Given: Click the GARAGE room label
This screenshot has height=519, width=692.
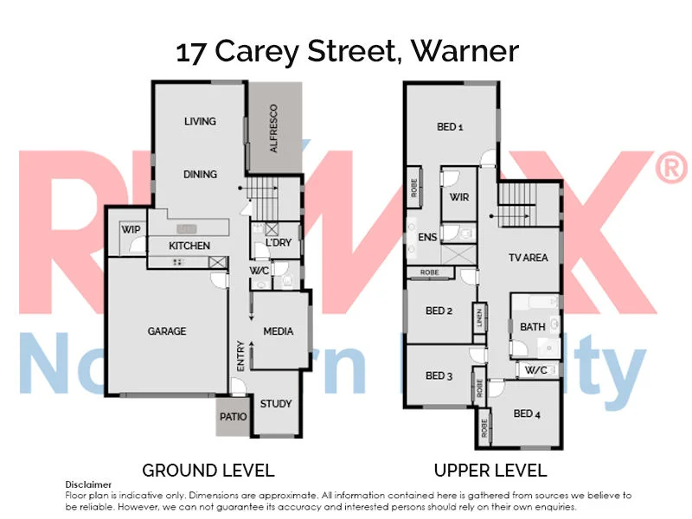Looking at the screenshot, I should pos(167,331).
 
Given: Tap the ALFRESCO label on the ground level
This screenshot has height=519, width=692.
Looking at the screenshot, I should pos(273,129).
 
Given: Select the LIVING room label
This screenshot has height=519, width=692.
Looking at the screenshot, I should pos(200,121).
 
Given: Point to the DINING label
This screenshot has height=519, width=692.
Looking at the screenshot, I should pos(200,174).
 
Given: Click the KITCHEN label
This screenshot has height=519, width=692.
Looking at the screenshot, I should pos(189,246).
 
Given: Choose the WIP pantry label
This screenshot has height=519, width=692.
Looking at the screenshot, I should pos(131,229).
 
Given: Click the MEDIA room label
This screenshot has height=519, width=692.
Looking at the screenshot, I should pos(279,331).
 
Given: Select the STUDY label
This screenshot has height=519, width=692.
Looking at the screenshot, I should pos(276,403).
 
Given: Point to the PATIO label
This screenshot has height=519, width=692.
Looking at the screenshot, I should pos(233,417).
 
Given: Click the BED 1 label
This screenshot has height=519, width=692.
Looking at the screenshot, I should pos(450,127).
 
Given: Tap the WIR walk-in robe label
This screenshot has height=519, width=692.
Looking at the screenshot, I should pos(459,197).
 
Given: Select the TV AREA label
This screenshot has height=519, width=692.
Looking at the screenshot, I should pos(528,258).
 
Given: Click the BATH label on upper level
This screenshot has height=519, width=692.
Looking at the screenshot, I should pos(532,327).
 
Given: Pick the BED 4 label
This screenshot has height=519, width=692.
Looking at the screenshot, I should pos(527,413).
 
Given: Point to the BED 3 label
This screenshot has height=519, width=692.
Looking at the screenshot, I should pos(439,375).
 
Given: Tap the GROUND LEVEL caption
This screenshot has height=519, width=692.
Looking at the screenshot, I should pos(208,471).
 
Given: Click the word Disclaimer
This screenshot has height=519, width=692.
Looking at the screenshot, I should pos(89,484).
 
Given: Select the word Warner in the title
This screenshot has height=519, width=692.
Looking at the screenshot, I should pos(465,52).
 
